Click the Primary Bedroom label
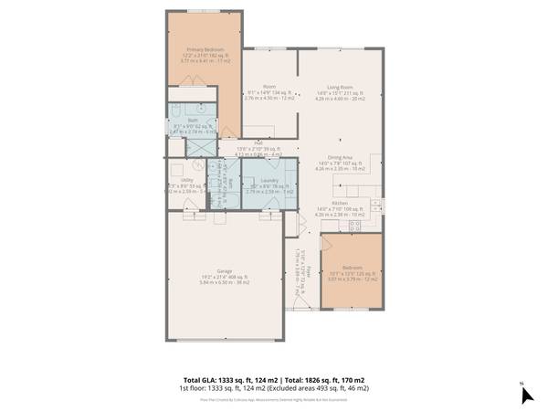(204, 49)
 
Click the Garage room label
(224, 271)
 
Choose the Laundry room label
(269, 180)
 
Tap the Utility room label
(187, 180)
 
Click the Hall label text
(258, 142)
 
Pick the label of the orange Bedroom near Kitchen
(352, 268)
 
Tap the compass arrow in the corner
(525, 395)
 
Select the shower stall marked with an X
(197, 145)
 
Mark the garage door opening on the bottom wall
(224, 340)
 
